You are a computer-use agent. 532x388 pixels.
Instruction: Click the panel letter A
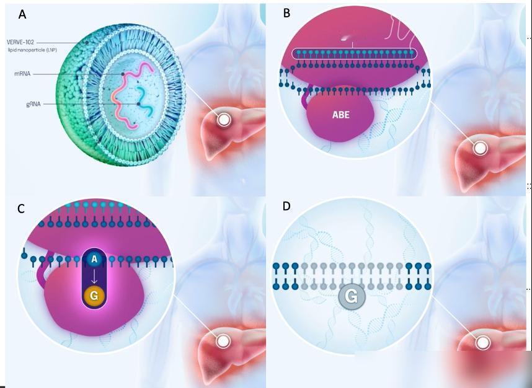tap(22, 15)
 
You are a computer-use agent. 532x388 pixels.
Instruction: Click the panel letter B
tap(286, 13)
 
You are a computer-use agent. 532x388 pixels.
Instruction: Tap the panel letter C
tap(21, 209)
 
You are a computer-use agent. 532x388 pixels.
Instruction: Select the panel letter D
tap(286, 206)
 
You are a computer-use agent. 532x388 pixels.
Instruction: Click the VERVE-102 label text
tap(20, 42)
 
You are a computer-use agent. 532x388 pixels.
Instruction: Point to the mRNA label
tap(22, 74)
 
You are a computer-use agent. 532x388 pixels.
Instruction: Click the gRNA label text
tap(33, 104)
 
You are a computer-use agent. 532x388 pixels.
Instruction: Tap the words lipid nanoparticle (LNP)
tap(33, 50)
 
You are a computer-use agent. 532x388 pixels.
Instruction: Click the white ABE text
tap(340, 115)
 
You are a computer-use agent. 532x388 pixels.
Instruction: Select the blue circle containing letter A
tap(94, 259)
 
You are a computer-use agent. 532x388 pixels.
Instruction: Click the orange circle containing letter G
tap(94, 296)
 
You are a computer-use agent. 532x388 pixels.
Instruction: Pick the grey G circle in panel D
tap(352, 296)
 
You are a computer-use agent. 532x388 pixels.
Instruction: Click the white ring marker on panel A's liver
tap(224, 120)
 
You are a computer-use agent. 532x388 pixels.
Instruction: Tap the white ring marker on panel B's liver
tap(480, 148)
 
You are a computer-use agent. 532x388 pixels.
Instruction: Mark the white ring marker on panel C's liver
tap(223, 341)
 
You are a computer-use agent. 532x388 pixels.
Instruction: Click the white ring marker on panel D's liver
tap(482, 343)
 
